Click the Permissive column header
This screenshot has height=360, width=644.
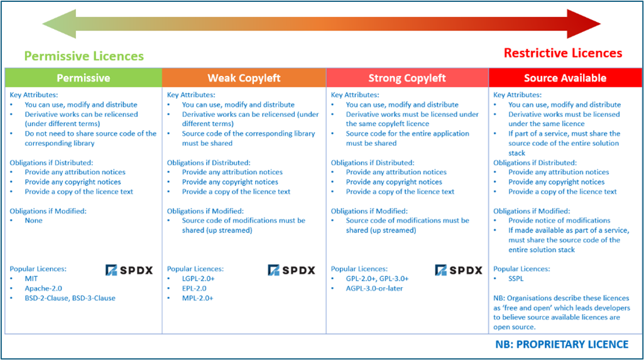coord(83,78)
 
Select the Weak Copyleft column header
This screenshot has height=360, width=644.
coord(244,78)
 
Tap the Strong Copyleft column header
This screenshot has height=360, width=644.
coord(407,78)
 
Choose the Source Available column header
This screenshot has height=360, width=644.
coord(565,78)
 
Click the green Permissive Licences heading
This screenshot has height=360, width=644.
coord(84,56)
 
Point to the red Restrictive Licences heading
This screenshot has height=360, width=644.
coord(563,53)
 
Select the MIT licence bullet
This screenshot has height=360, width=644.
coord(31,278)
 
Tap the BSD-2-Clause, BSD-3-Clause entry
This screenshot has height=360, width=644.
coord(70,298)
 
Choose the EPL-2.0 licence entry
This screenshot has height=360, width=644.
coord(194,288)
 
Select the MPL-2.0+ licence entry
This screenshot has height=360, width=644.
coord(197,298)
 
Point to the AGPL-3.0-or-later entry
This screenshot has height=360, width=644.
coord(374,288)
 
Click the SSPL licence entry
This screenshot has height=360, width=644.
coord(517,278)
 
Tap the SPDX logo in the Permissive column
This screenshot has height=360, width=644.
coord(129,270)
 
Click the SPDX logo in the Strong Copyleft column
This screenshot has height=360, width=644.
coord(459,270)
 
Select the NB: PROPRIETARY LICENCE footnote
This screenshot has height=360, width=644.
coord(560,344)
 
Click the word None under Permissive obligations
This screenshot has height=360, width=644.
coord(34,221)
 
